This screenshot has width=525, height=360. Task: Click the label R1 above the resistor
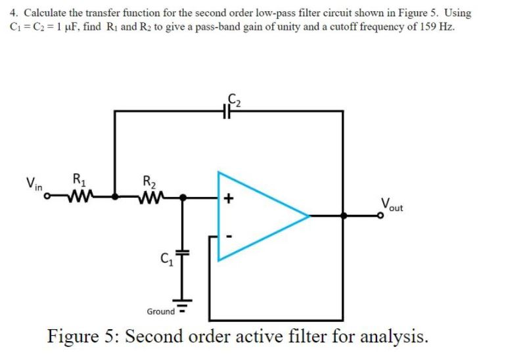click(78, 178)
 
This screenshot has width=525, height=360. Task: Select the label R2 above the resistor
click(149, 178)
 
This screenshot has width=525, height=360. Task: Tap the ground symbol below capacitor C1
click(184, 307)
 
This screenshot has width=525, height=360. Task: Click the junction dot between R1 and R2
click(115, 196)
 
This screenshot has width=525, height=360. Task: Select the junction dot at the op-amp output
click(342, 215)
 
